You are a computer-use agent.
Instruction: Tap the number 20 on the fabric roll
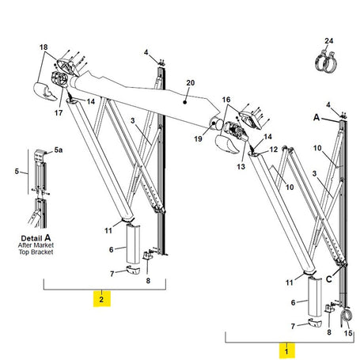pyautogui.click(x=189, y=82)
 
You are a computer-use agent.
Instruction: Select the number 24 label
pyautogui.click(x=329, y=40)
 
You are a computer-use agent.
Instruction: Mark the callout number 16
pyautogui.click(x=225, y=100)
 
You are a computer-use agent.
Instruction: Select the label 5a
pyautogui.click(x=57, y=151)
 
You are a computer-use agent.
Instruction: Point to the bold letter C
pyautogui.click(x=328, y=277)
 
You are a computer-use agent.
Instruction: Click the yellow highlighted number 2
pyautogui.click(x=100, y=298)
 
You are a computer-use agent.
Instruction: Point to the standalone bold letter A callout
pyautogui.click(x=316, y=116)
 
